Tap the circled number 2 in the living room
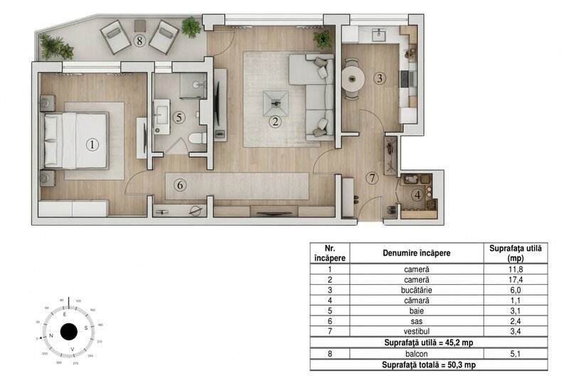(x=275, y=121)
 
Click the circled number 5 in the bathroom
(x=180, y=117)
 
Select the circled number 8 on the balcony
(x=140, y=41)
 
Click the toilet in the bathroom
(x=198, y=137)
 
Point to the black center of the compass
(x=69, y=332)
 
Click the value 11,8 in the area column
(x=516, y=269)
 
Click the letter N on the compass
(x=51, y=333)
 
